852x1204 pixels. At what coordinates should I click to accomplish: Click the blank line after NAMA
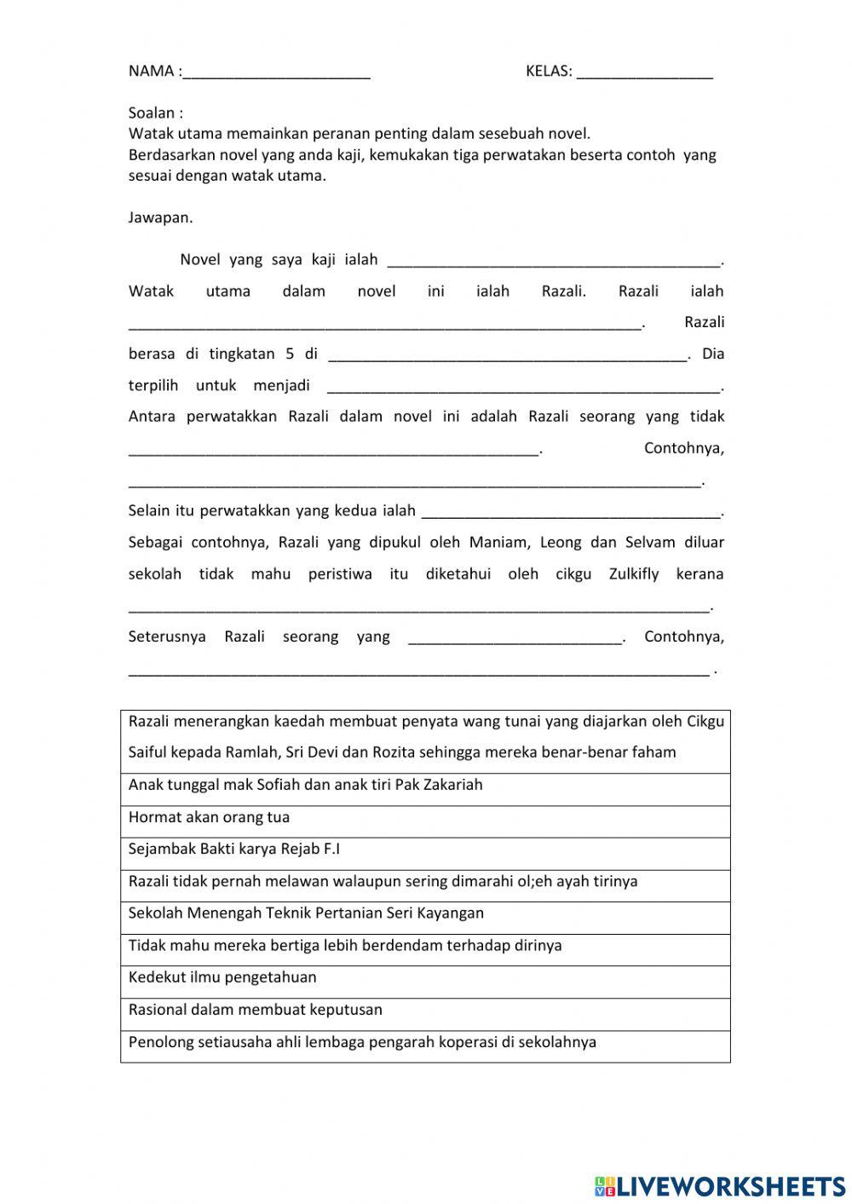(276, 73)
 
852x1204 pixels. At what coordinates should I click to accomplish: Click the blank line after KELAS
(644, 73)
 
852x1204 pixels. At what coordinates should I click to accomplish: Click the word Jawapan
(160, 217)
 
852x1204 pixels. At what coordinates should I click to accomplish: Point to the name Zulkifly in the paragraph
(634, 573)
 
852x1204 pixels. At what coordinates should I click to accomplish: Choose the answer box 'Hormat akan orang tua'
(424, 818)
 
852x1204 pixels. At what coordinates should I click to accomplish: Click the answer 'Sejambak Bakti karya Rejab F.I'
(424, 850)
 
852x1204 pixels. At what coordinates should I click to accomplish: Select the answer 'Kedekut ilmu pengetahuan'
(424, 977)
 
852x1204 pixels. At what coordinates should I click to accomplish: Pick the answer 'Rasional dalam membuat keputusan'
(424, 1010)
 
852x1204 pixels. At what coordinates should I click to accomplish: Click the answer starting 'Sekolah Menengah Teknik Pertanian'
(424, 913)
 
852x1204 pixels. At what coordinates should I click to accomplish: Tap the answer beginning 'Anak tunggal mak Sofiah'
(424, 785)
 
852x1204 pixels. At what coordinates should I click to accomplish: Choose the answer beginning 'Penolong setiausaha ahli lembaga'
(424, 1042)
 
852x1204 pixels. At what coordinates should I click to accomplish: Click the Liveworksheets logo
(720, 1185)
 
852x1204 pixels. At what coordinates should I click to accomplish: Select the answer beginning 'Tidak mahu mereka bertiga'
(424, 946)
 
